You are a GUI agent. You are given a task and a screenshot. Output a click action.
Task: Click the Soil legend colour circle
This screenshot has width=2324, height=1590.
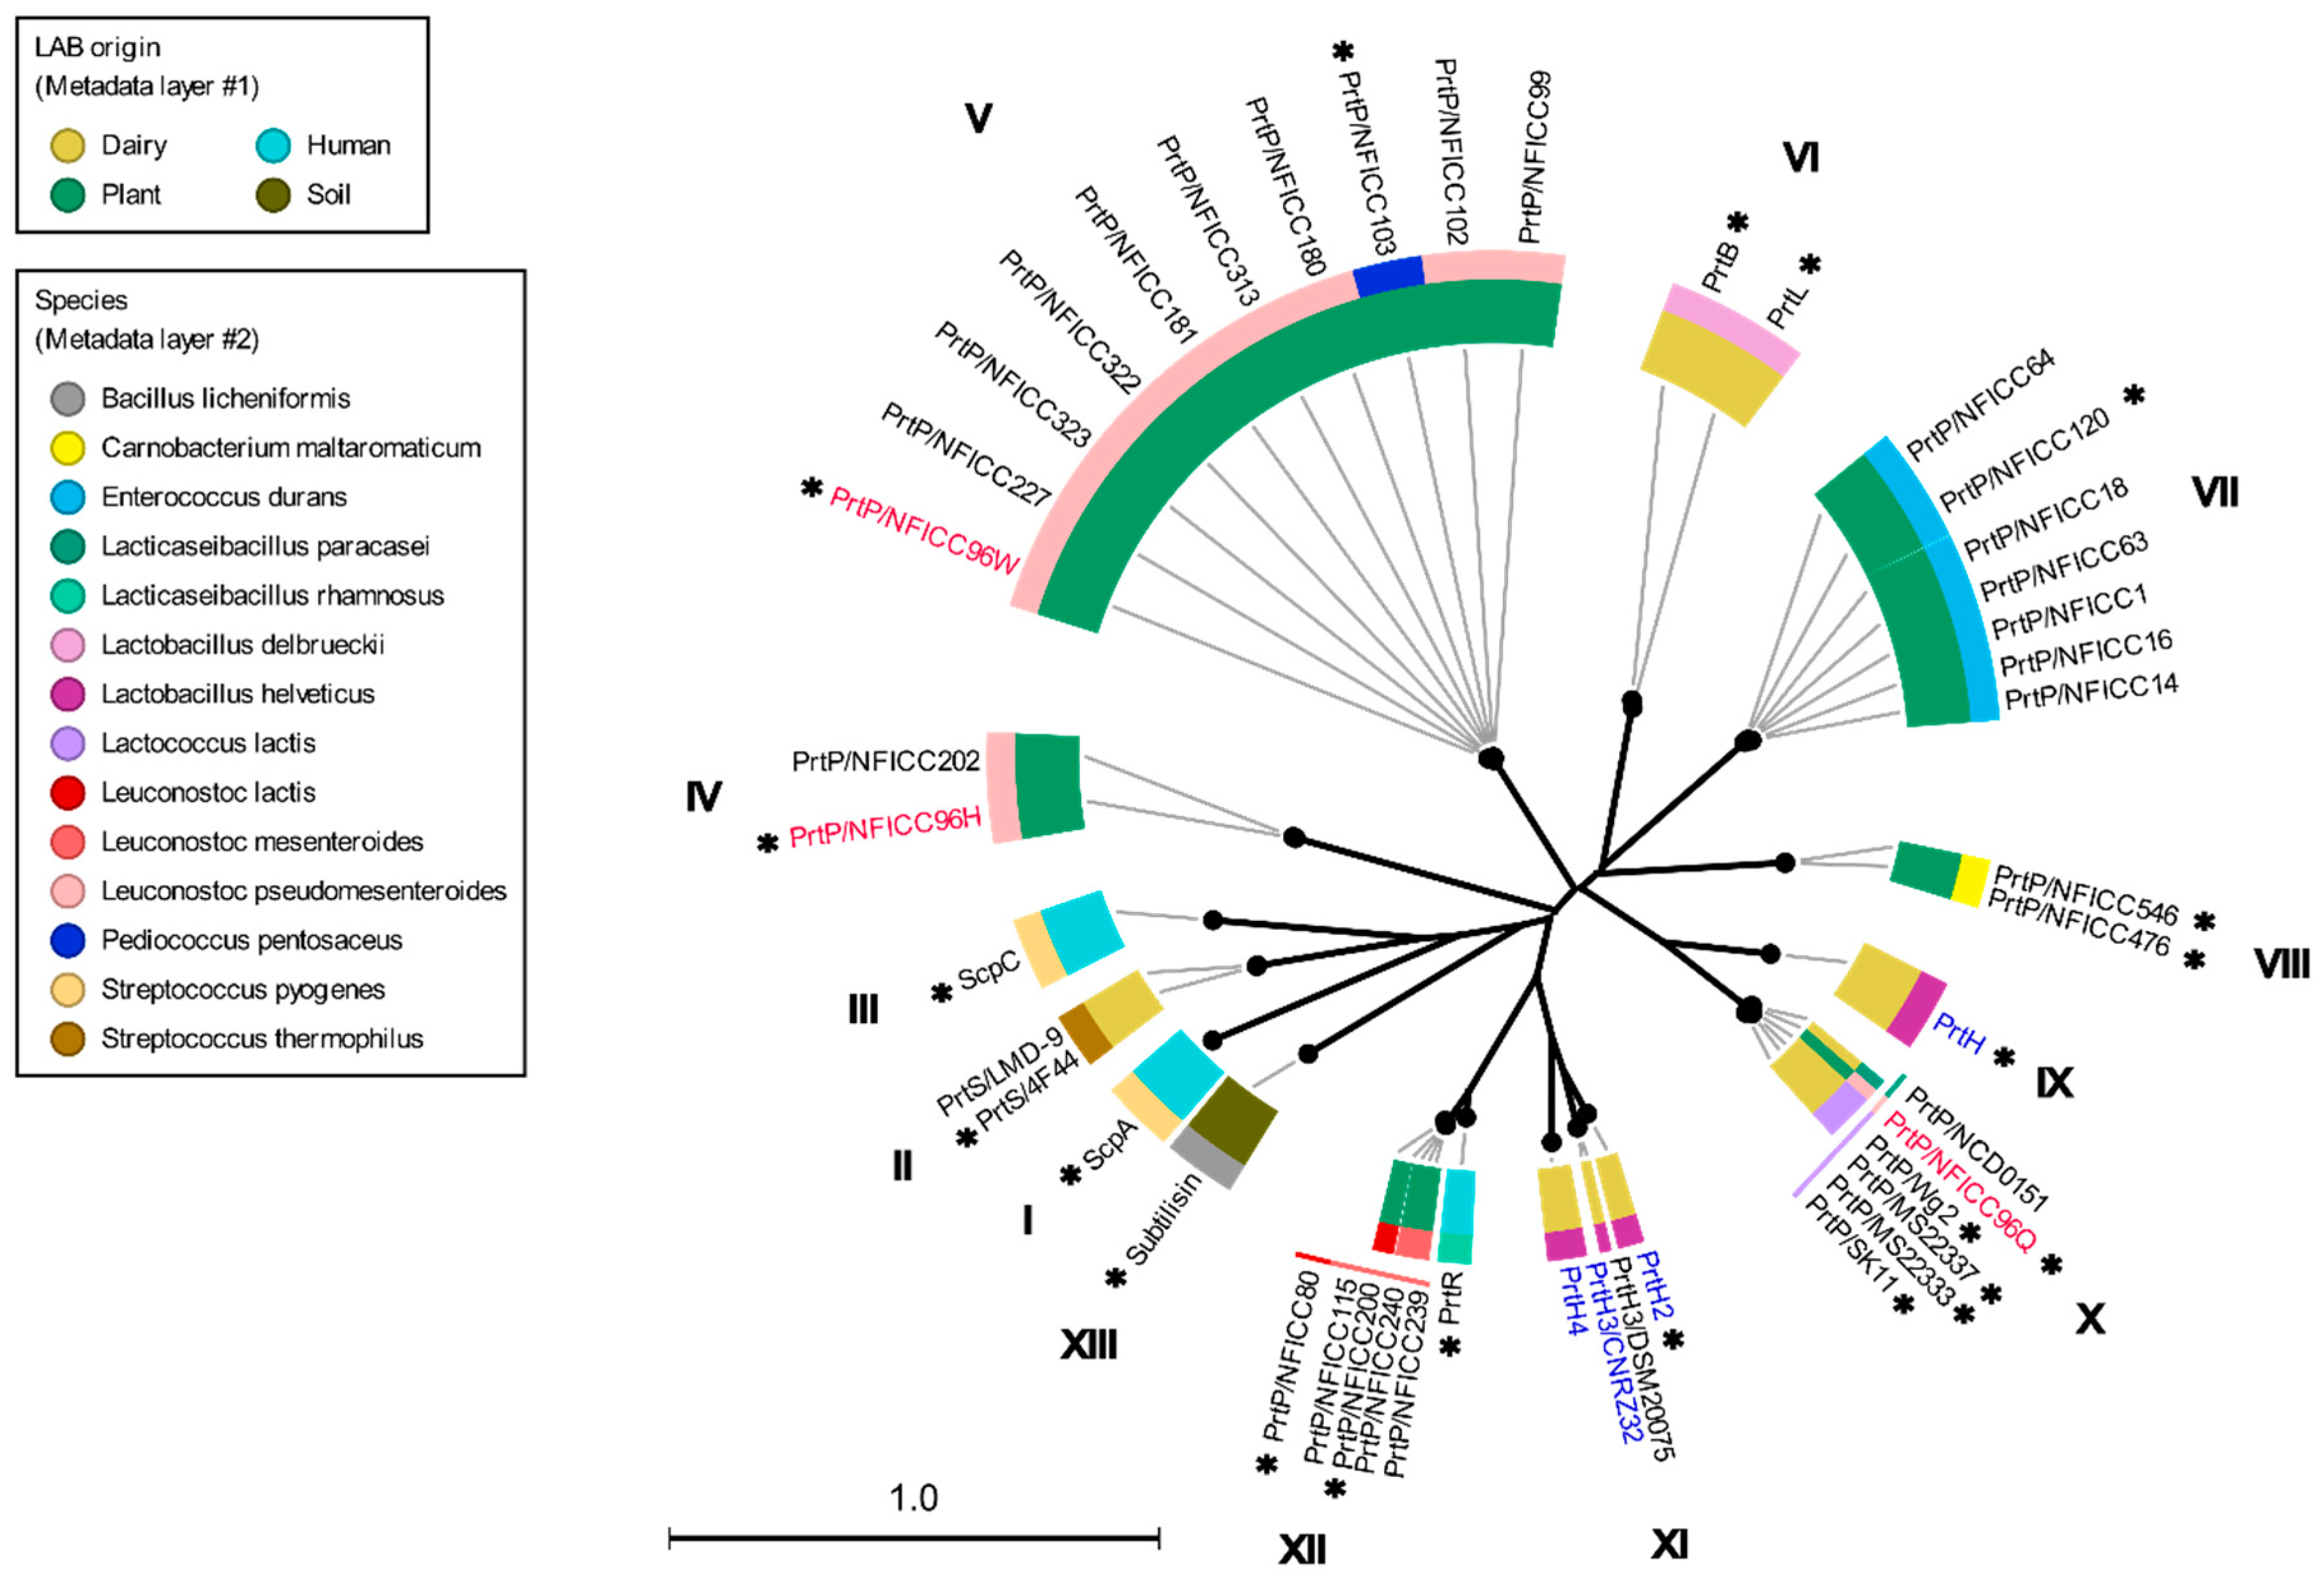tap(273, 195)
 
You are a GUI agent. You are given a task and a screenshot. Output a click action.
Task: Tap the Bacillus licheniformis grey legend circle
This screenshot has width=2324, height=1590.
tap(67, 399)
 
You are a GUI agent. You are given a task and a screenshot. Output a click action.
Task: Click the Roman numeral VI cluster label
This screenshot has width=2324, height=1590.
tap(1800, 158)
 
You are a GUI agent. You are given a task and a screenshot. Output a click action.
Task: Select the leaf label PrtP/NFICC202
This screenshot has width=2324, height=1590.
tap(885, 762)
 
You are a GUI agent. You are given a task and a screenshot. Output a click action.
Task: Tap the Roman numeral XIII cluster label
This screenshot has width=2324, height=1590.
tap(1088, 1346)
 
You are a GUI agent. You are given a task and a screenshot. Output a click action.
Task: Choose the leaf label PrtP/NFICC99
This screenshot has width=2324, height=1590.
tap(1534, 157)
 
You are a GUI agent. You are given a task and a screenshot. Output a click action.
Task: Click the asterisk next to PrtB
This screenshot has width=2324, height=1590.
tap(1738, 222)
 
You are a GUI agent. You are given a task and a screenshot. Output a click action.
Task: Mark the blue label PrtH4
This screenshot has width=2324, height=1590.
tap(1571, 1300)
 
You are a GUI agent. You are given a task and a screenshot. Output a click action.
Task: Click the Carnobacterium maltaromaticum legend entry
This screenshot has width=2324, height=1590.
tap(290, 448)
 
